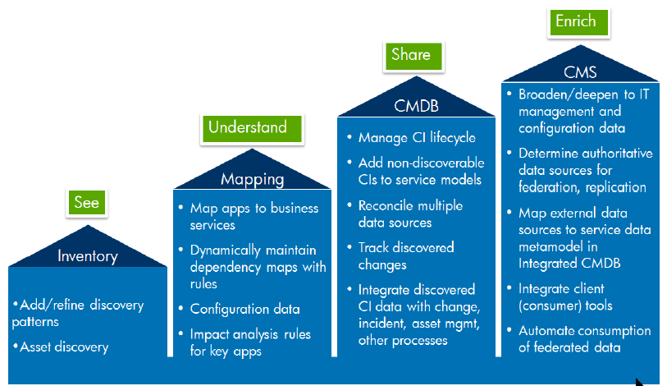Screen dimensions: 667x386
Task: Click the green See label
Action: (x=87, y=202)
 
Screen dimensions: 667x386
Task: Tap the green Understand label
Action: (x=252, y=128)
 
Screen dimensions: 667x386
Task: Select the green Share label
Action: (x=413, y=56)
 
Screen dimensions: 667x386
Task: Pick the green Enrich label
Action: (x=578, y=22)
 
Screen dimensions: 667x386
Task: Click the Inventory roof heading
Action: (x=88, y=256)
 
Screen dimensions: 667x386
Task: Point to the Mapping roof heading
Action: (x=252, y=179)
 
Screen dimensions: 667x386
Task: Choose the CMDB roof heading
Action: (x=416, y=106)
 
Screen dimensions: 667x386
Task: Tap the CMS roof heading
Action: (x=580, y=72)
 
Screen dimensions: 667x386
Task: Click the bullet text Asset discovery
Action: (x=64, y=347)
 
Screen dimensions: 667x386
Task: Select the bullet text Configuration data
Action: (x=244, y=310)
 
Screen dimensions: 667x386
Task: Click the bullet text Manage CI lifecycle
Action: (x=417, y=138)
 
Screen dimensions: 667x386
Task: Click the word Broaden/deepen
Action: (x=568, y=94)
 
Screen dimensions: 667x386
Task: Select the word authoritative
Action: (x=619, y=154)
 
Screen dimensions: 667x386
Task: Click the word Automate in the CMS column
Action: (x=546, y=331)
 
